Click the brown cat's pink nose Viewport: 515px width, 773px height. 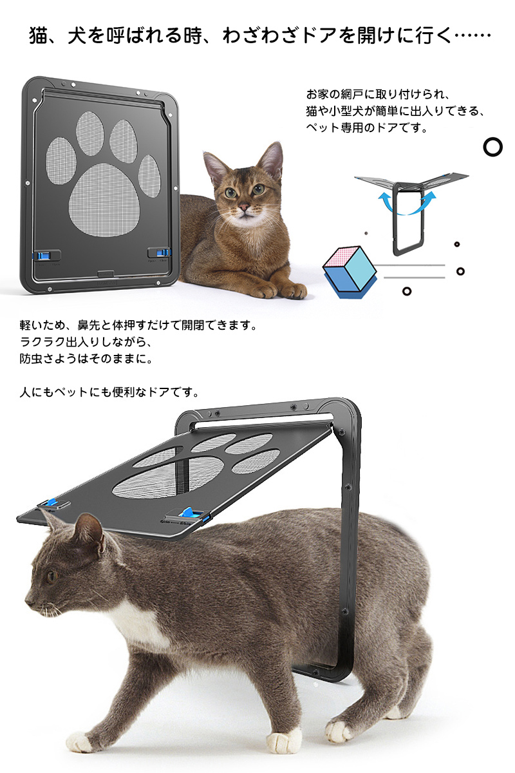click(244, 207)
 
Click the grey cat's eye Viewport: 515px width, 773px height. click(51, 575)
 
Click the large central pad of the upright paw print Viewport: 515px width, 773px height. click(104, 200)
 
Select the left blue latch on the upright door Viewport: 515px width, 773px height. click(41, 255)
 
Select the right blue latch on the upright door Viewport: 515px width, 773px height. click(163, 253)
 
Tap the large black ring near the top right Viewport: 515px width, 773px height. click(492, 147)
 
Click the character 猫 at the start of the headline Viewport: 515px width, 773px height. click(39, 35)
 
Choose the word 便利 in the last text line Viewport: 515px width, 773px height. click(124, 392)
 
